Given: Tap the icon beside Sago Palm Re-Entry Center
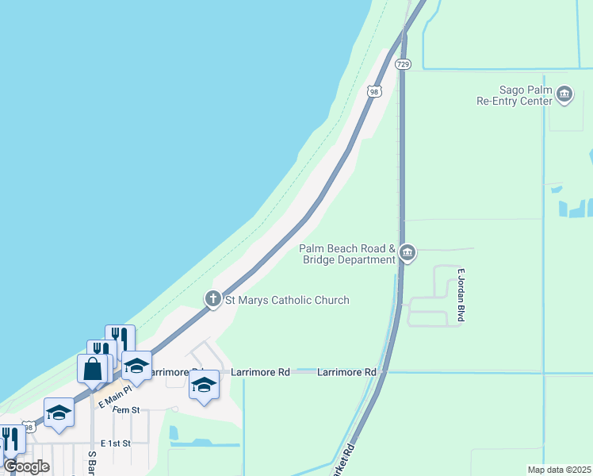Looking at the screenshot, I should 564,95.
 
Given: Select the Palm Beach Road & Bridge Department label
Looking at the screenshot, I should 347,254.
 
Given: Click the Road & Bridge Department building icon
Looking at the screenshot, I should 407,253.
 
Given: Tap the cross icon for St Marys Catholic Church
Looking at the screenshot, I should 212,299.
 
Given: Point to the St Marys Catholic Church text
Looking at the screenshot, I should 287,300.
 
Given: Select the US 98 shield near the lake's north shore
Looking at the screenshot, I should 374,91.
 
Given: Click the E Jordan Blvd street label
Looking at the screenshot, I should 460,294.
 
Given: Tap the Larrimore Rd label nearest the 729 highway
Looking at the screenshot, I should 346,371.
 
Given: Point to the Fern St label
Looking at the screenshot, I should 125,409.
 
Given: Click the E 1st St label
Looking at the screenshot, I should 115,442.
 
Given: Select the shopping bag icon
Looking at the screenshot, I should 92,369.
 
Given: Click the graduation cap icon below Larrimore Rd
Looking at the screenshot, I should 204,385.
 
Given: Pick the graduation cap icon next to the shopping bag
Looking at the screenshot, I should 136,366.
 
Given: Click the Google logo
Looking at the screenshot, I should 26,466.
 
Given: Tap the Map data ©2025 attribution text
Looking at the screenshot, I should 558,470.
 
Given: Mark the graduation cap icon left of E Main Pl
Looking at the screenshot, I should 59,413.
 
